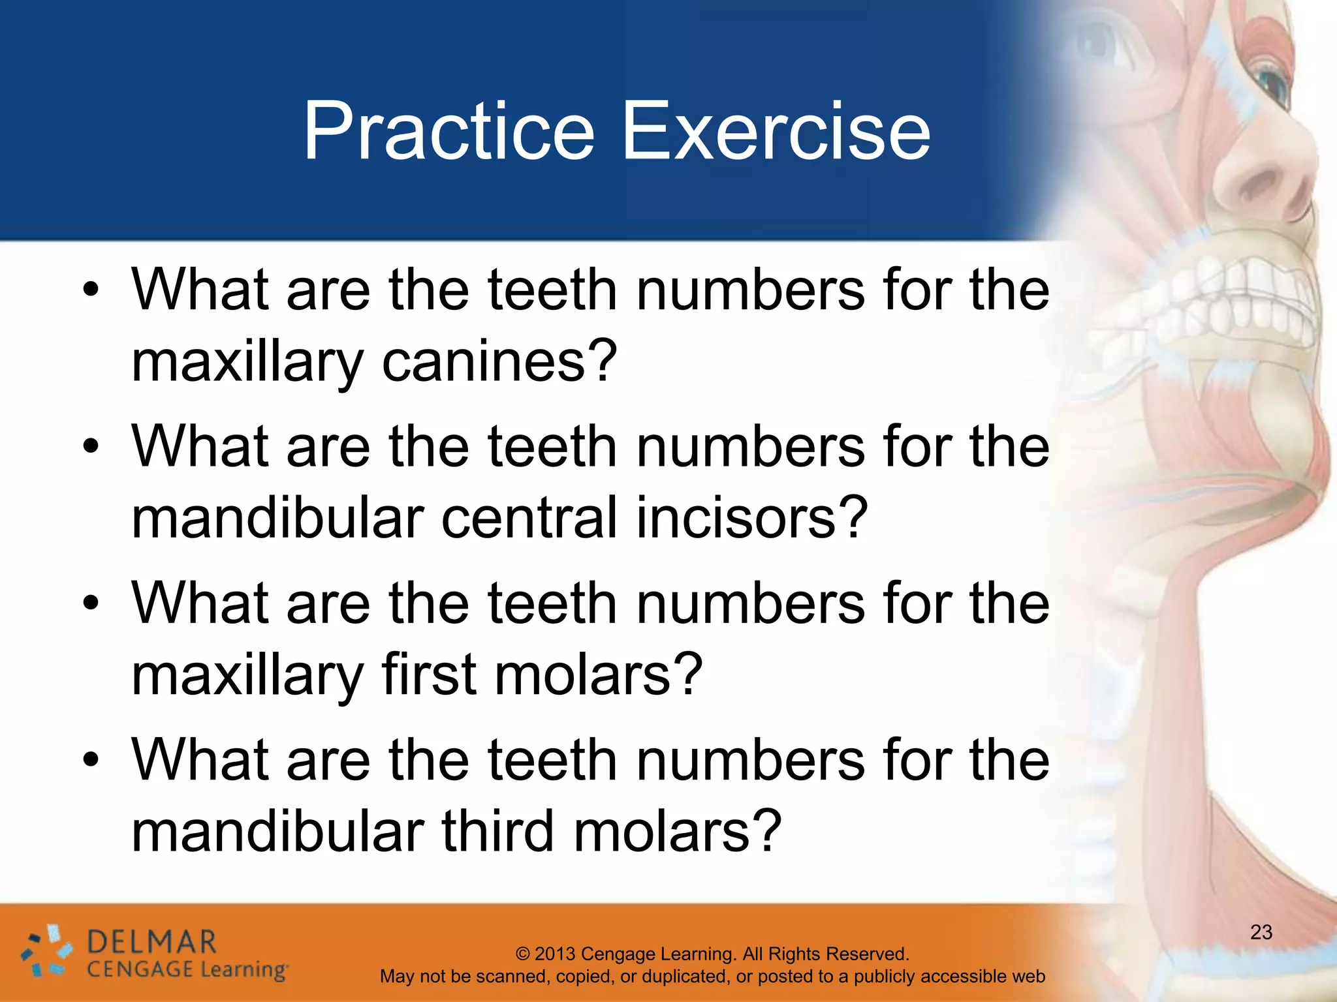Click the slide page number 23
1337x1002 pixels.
pyautogui.click(x=1261, y=932)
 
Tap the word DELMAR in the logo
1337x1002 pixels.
pyautogui.click(x=151, y=943)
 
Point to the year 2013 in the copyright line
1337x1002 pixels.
pyautogui.click(x=556, y=954)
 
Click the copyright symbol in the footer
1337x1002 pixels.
pyautogui.click(x=523, y=954)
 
